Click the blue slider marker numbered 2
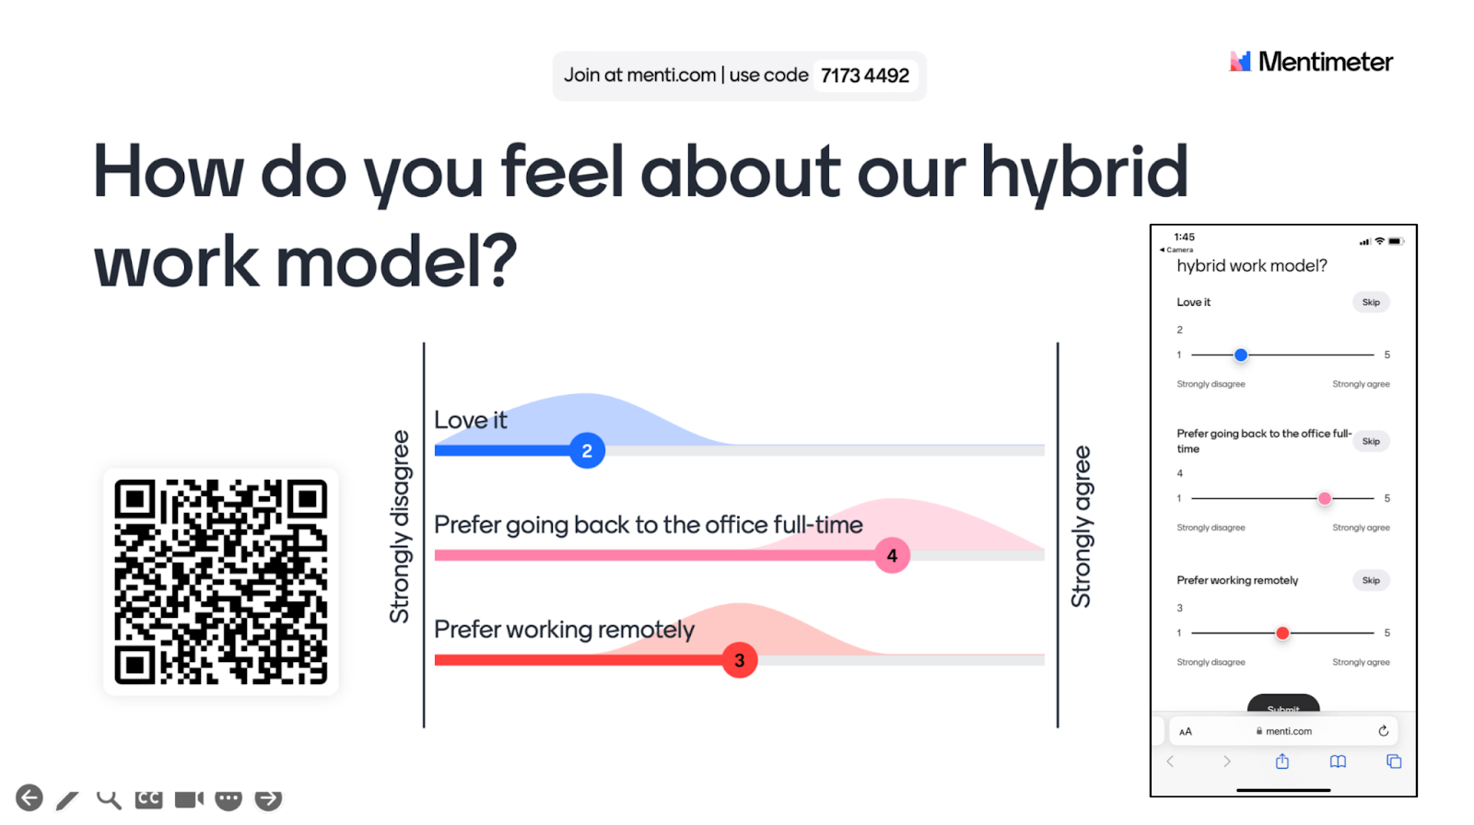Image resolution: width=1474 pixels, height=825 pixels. click(586, 450)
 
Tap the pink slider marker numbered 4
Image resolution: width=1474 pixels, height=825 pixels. click(892, 555)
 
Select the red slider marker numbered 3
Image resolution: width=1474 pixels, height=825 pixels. click(739, 660)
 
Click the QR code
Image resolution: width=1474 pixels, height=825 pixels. click(220, 582)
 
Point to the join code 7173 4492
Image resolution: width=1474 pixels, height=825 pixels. click(865, 76)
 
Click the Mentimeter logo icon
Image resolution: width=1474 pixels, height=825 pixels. click(1240, 61)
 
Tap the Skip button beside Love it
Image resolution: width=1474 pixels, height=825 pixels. click(1371, 302)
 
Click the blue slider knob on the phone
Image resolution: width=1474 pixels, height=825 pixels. click(1240, 355)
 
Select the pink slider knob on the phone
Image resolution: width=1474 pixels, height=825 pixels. click(1324, 499)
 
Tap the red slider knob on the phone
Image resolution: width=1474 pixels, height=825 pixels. click(1281, 633)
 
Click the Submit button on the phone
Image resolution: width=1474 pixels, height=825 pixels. click(1283, 704)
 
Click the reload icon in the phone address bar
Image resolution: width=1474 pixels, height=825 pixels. click(1383, 731)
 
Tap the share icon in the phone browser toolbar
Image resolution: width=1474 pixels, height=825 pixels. click(1281, 761)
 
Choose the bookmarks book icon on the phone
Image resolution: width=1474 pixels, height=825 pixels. click(1338, 761)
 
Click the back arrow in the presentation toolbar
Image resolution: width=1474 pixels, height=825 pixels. click(29, 798)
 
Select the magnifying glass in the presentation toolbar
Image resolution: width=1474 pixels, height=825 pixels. click(109, 799)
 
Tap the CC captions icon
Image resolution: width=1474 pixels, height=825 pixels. click(148, 798)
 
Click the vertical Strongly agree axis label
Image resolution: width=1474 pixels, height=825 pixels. click(1082, 527)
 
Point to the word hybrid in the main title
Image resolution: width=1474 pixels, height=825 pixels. click(1084, 172)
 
